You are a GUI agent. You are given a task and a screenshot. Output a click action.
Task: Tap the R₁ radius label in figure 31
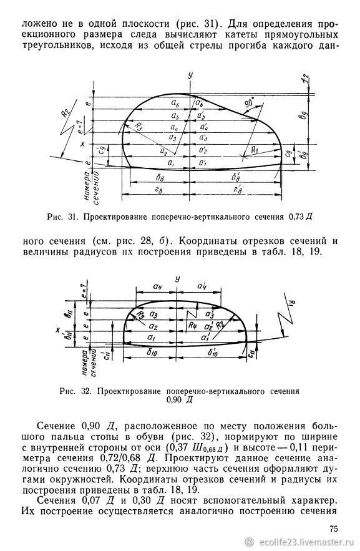pyautogui.click(x=255, y=150)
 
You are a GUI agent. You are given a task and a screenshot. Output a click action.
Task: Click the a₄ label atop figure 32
pyautogui.click(x=158, y=286)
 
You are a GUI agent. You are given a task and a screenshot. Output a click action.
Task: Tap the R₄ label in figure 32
pyautogui.click(x=192, y=325)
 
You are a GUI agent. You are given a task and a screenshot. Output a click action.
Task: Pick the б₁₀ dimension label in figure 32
pyautogui.click(x=152, y=353)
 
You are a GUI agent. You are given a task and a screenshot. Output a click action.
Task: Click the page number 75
pyautogui.click(x=333, y=529)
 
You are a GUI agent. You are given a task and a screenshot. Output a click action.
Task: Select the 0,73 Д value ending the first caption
pyautogui.click(x=301, y=217)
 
